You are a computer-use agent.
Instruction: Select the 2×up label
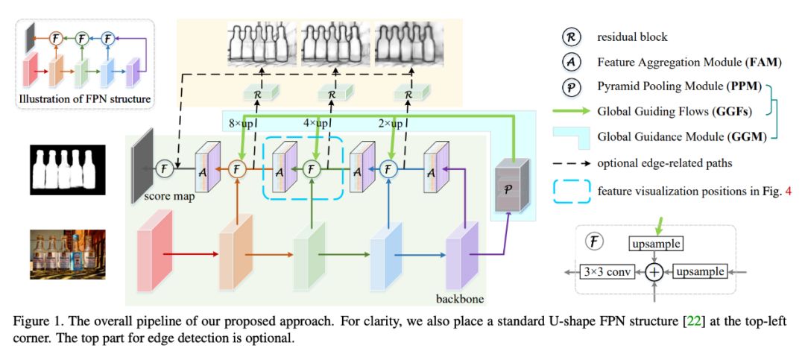click(x=390, y=123)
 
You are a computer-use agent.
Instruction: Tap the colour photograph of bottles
click(x=63, y=254)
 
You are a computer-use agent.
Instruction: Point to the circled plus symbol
click(x=654, y=272)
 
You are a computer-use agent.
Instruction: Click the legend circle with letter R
click(x=572, y=36)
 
